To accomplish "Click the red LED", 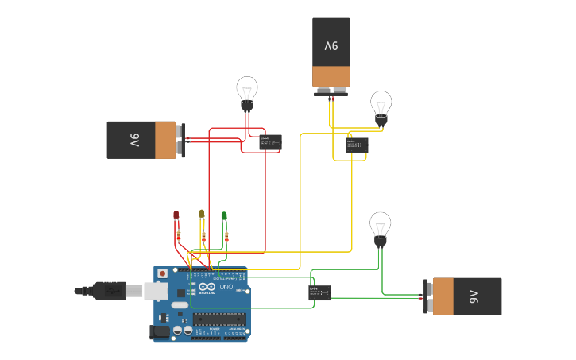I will pos(176,215).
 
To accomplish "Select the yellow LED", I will pos(202,214).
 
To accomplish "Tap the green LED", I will pos(224,215).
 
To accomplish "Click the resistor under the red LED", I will pos(179,235).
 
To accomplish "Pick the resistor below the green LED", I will pos(227,236).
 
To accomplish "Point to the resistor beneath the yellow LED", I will pos(205,236).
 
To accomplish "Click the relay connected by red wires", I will pos(270,142).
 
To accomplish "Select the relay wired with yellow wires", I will pos(357,145).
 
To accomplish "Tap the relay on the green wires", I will pos(319,292).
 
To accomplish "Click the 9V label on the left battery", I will pos(134,141).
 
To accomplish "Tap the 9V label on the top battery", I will pos(331,46).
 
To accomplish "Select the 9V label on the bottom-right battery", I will pos(474,296).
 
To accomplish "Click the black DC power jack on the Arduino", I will pos(161,331).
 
